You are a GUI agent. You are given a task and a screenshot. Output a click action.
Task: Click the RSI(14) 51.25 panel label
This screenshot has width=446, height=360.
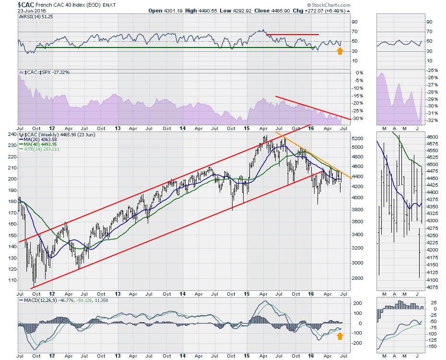pos(37,18)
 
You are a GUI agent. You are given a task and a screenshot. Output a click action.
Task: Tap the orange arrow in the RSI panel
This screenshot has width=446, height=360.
pos(340,50)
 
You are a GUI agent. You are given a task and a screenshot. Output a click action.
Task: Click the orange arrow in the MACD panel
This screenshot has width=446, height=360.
pos(340,336)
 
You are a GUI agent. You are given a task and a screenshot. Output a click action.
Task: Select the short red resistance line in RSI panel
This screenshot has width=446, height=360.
pos(293,35)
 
